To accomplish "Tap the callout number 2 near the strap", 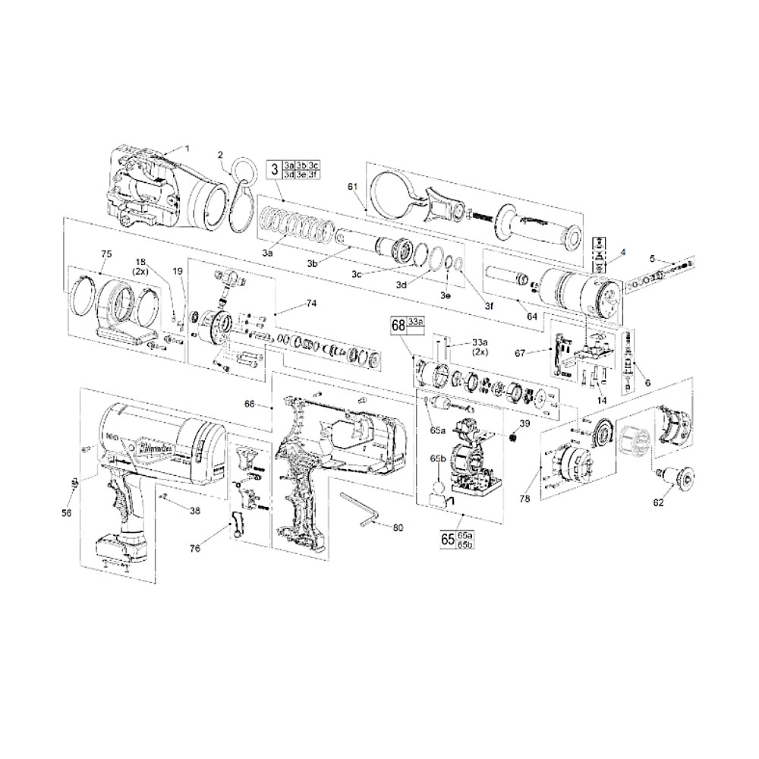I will click(x=221, y=155).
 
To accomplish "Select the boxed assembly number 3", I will click(x=274, y=169).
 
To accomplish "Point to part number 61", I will click(x=352, y=186).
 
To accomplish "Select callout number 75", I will click(x=106, y=254).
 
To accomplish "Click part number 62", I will click(x=658, y=502).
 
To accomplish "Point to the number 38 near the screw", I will click(x=195, y=511).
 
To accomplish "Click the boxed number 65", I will click(x=448, y=540).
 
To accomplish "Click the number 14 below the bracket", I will click(x=601, y=399).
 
